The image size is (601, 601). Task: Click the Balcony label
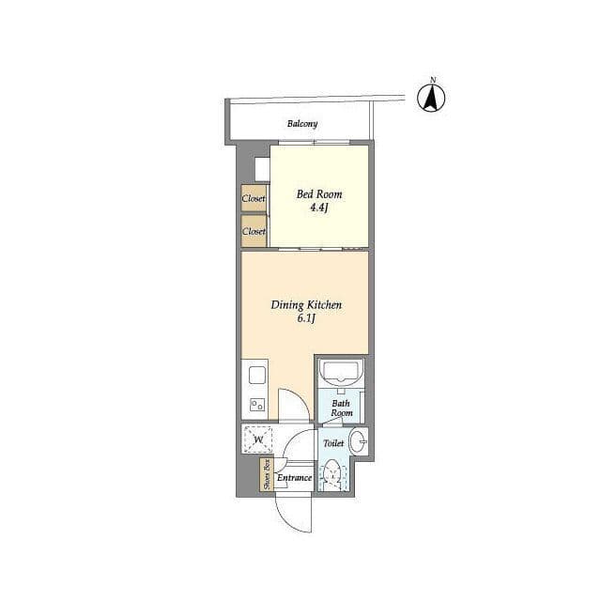[302, 124]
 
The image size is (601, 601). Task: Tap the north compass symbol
[431, 96]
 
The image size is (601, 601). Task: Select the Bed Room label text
[319, 194]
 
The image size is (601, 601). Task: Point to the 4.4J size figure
[319, 208]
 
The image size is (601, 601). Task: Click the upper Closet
[254, 198]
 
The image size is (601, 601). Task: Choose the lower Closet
[254, 231]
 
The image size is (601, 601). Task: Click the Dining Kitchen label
[306, 305]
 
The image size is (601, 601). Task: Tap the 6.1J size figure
[306, 318]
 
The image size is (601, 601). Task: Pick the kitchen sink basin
[257, 375]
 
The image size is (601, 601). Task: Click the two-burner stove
[257, 405]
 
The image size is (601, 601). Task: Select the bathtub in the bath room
[340, 373]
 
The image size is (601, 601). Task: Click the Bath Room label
[342, 408]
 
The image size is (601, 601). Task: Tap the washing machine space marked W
[258, 439]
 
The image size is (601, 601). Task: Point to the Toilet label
[333, 443]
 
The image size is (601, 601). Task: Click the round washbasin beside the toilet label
[359, 442]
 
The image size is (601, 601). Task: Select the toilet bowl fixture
[333, 476]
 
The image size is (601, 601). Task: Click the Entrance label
[294, 478]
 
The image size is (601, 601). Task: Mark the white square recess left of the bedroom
[263, 169]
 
